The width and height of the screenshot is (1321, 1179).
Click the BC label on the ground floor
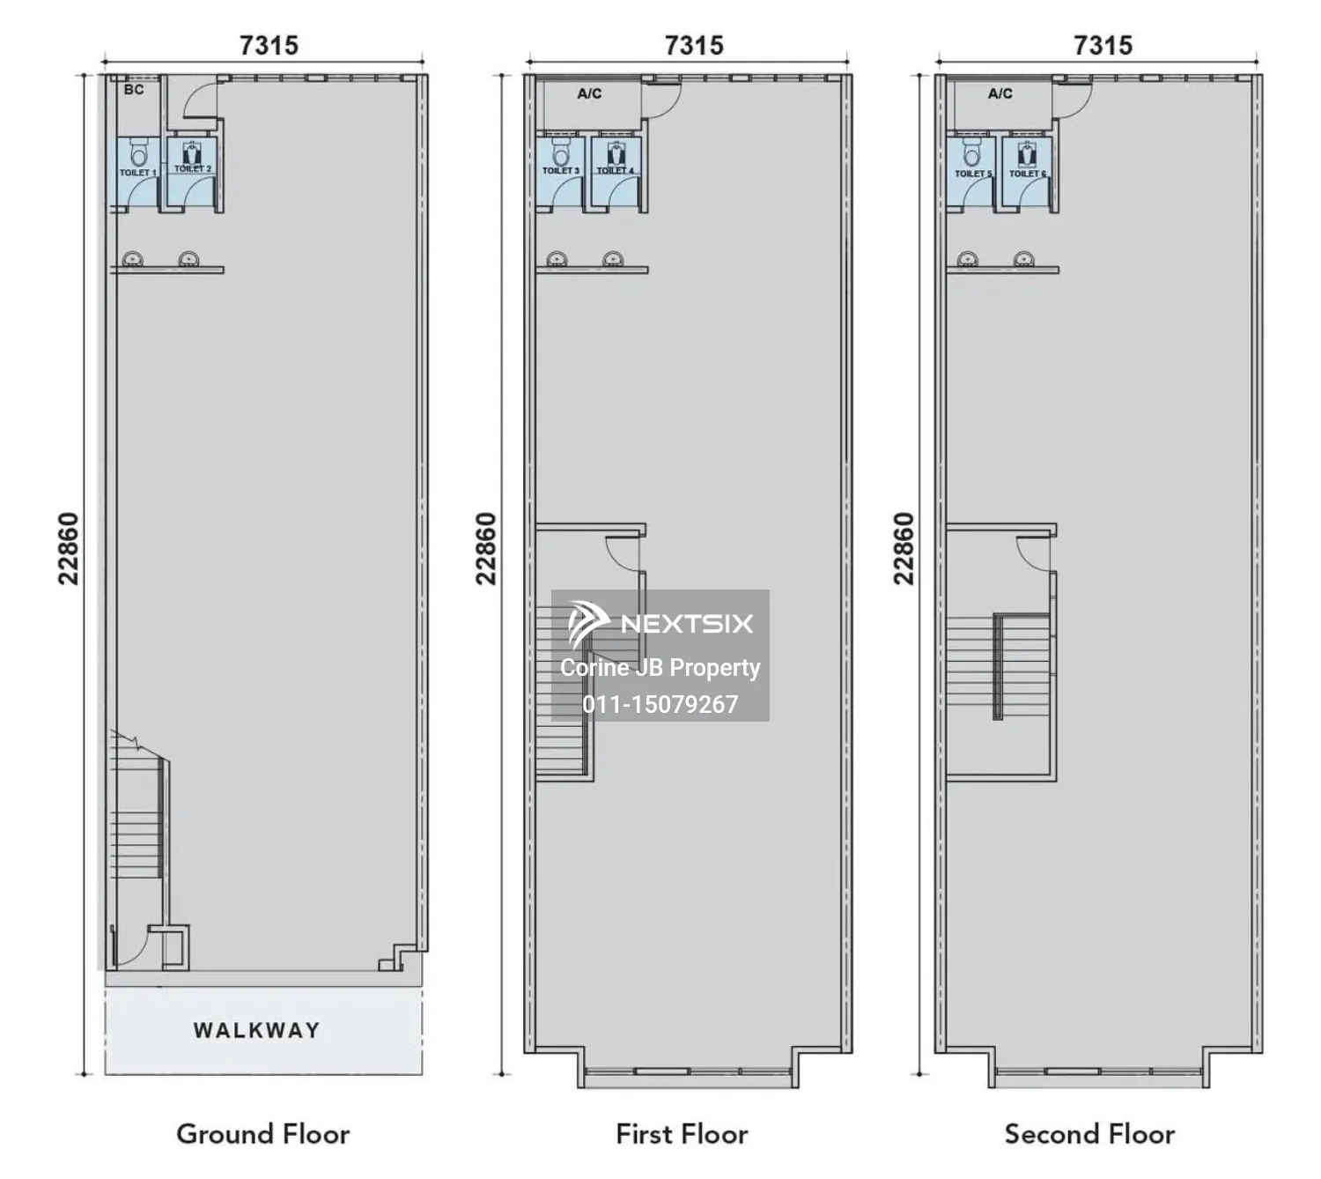[x=134, y=89]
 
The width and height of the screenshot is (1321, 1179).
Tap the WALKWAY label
[x=257, y=1030]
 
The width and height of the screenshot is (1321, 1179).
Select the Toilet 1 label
[x=137, y=173]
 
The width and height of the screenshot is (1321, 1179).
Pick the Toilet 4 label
[x=615, y=171]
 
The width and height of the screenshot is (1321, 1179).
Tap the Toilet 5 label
[x=973, y=174]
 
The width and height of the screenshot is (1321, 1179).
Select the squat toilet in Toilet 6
[x=1026, y=154]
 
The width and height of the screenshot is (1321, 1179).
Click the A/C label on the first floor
[x=589, y=94]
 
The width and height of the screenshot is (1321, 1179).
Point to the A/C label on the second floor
[x=1000, y=94]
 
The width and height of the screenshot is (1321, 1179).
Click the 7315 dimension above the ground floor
[x=269, y=46]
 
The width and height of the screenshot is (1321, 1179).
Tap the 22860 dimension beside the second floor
[x=903, y=549]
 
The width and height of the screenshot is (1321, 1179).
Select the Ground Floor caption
[x=262, y=1134]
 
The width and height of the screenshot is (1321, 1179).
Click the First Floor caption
[x=682, y=1134]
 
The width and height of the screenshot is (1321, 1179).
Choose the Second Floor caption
[x=1089, y=1134]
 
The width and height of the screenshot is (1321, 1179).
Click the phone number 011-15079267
[x=660, y=704]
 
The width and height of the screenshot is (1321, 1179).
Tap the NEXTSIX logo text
[x=687, y=624]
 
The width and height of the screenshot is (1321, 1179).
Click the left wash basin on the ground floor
[x=132, y=259]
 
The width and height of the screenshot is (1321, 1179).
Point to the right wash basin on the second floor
[x=1023, y=259]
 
